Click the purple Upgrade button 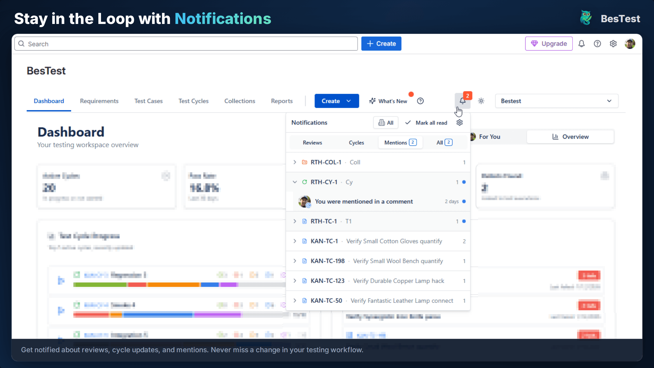point(549,44)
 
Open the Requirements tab point(99,101)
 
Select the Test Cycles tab point(193,101)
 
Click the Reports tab point(281,101)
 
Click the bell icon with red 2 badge point(462,101)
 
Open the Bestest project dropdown point(556,101)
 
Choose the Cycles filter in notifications point(356,143)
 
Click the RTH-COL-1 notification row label point(326,162)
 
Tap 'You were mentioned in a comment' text point(364,202)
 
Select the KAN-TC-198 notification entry point(328,261)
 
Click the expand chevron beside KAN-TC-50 point(295,301)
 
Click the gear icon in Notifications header point(460,123)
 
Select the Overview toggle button point(570,137)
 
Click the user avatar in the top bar point(630,44)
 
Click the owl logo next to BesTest point(586,18)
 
